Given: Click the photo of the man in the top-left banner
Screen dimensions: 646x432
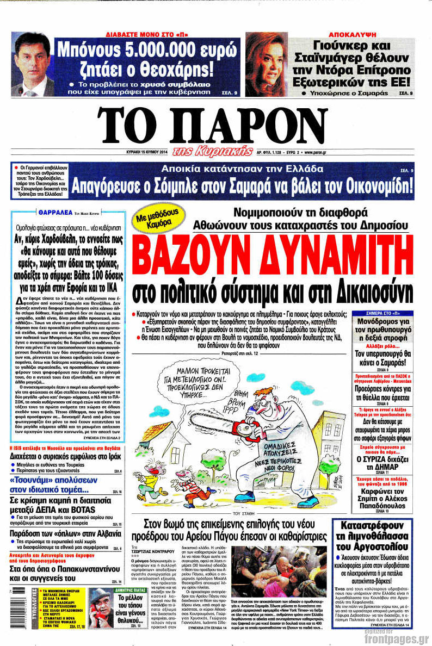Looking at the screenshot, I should tap(33, 64).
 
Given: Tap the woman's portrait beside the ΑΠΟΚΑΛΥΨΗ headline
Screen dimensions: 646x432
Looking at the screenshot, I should tap(266, 64).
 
